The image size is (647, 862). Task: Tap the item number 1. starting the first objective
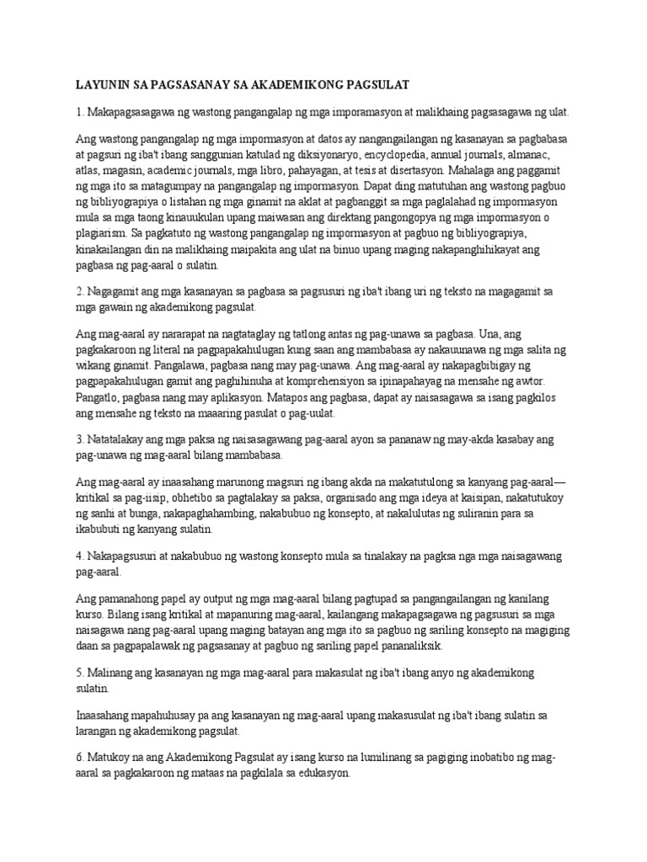coord(80,112)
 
